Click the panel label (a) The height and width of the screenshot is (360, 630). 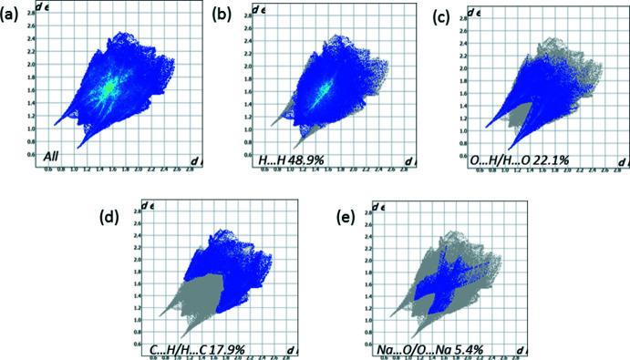pos(13,15)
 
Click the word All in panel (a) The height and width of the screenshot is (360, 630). pos(54,158)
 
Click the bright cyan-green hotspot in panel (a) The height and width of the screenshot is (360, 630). pos(108,87)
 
